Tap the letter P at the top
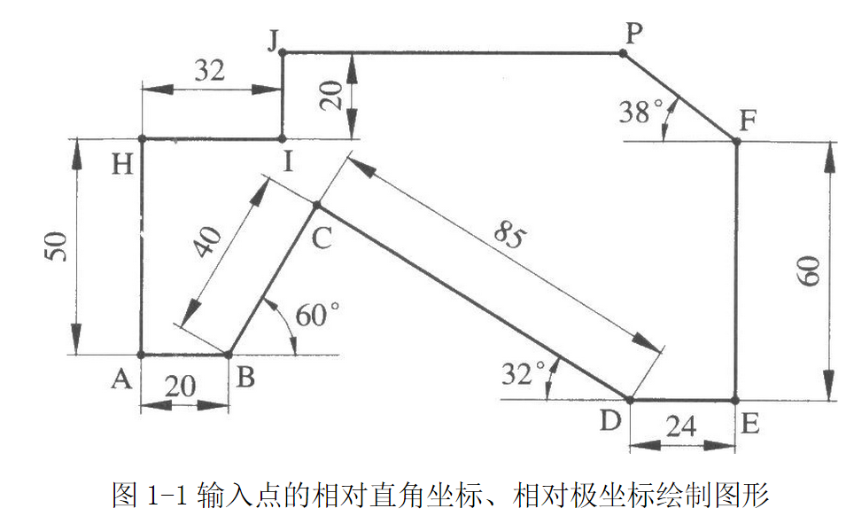633,34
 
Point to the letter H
123,164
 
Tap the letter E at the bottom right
749,423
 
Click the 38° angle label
640,113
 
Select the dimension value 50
55,247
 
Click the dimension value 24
681,427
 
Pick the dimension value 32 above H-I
209,72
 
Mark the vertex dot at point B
229,355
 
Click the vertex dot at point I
282,138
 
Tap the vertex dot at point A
142,355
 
